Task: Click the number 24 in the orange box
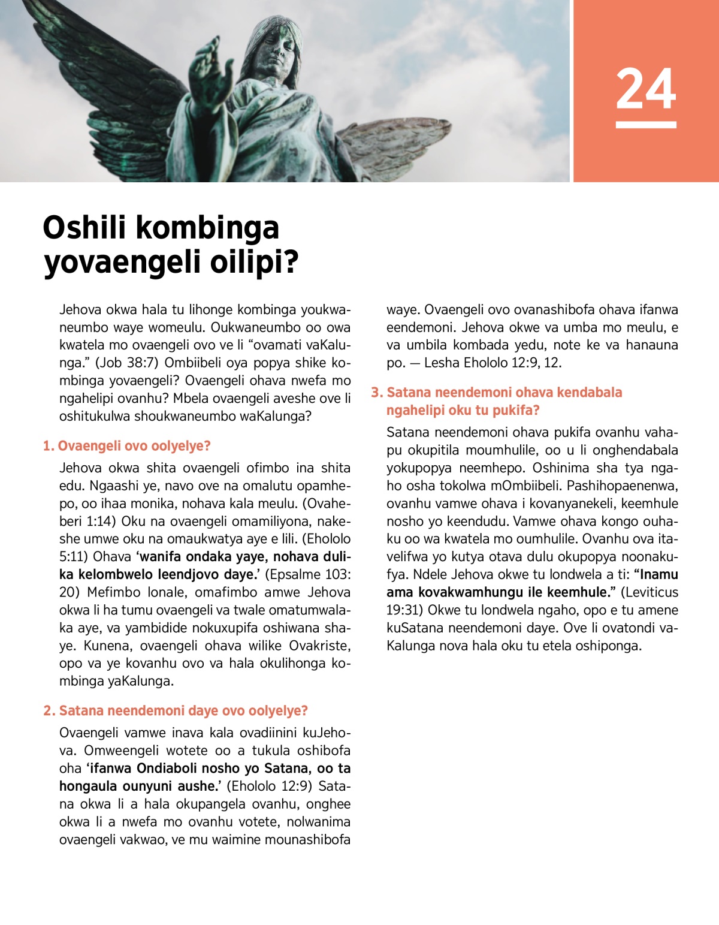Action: (646, 89)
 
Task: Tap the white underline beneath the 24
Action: (646, 125)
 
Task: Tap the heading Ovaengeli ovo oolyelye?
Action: (134, 446)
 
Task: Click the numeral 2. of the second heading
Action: (49, 711)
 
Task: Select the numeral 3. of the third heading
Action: (377, 393)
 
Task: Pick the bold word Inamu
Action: (659, 574)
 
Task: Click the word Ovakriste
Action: (319, 646)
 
